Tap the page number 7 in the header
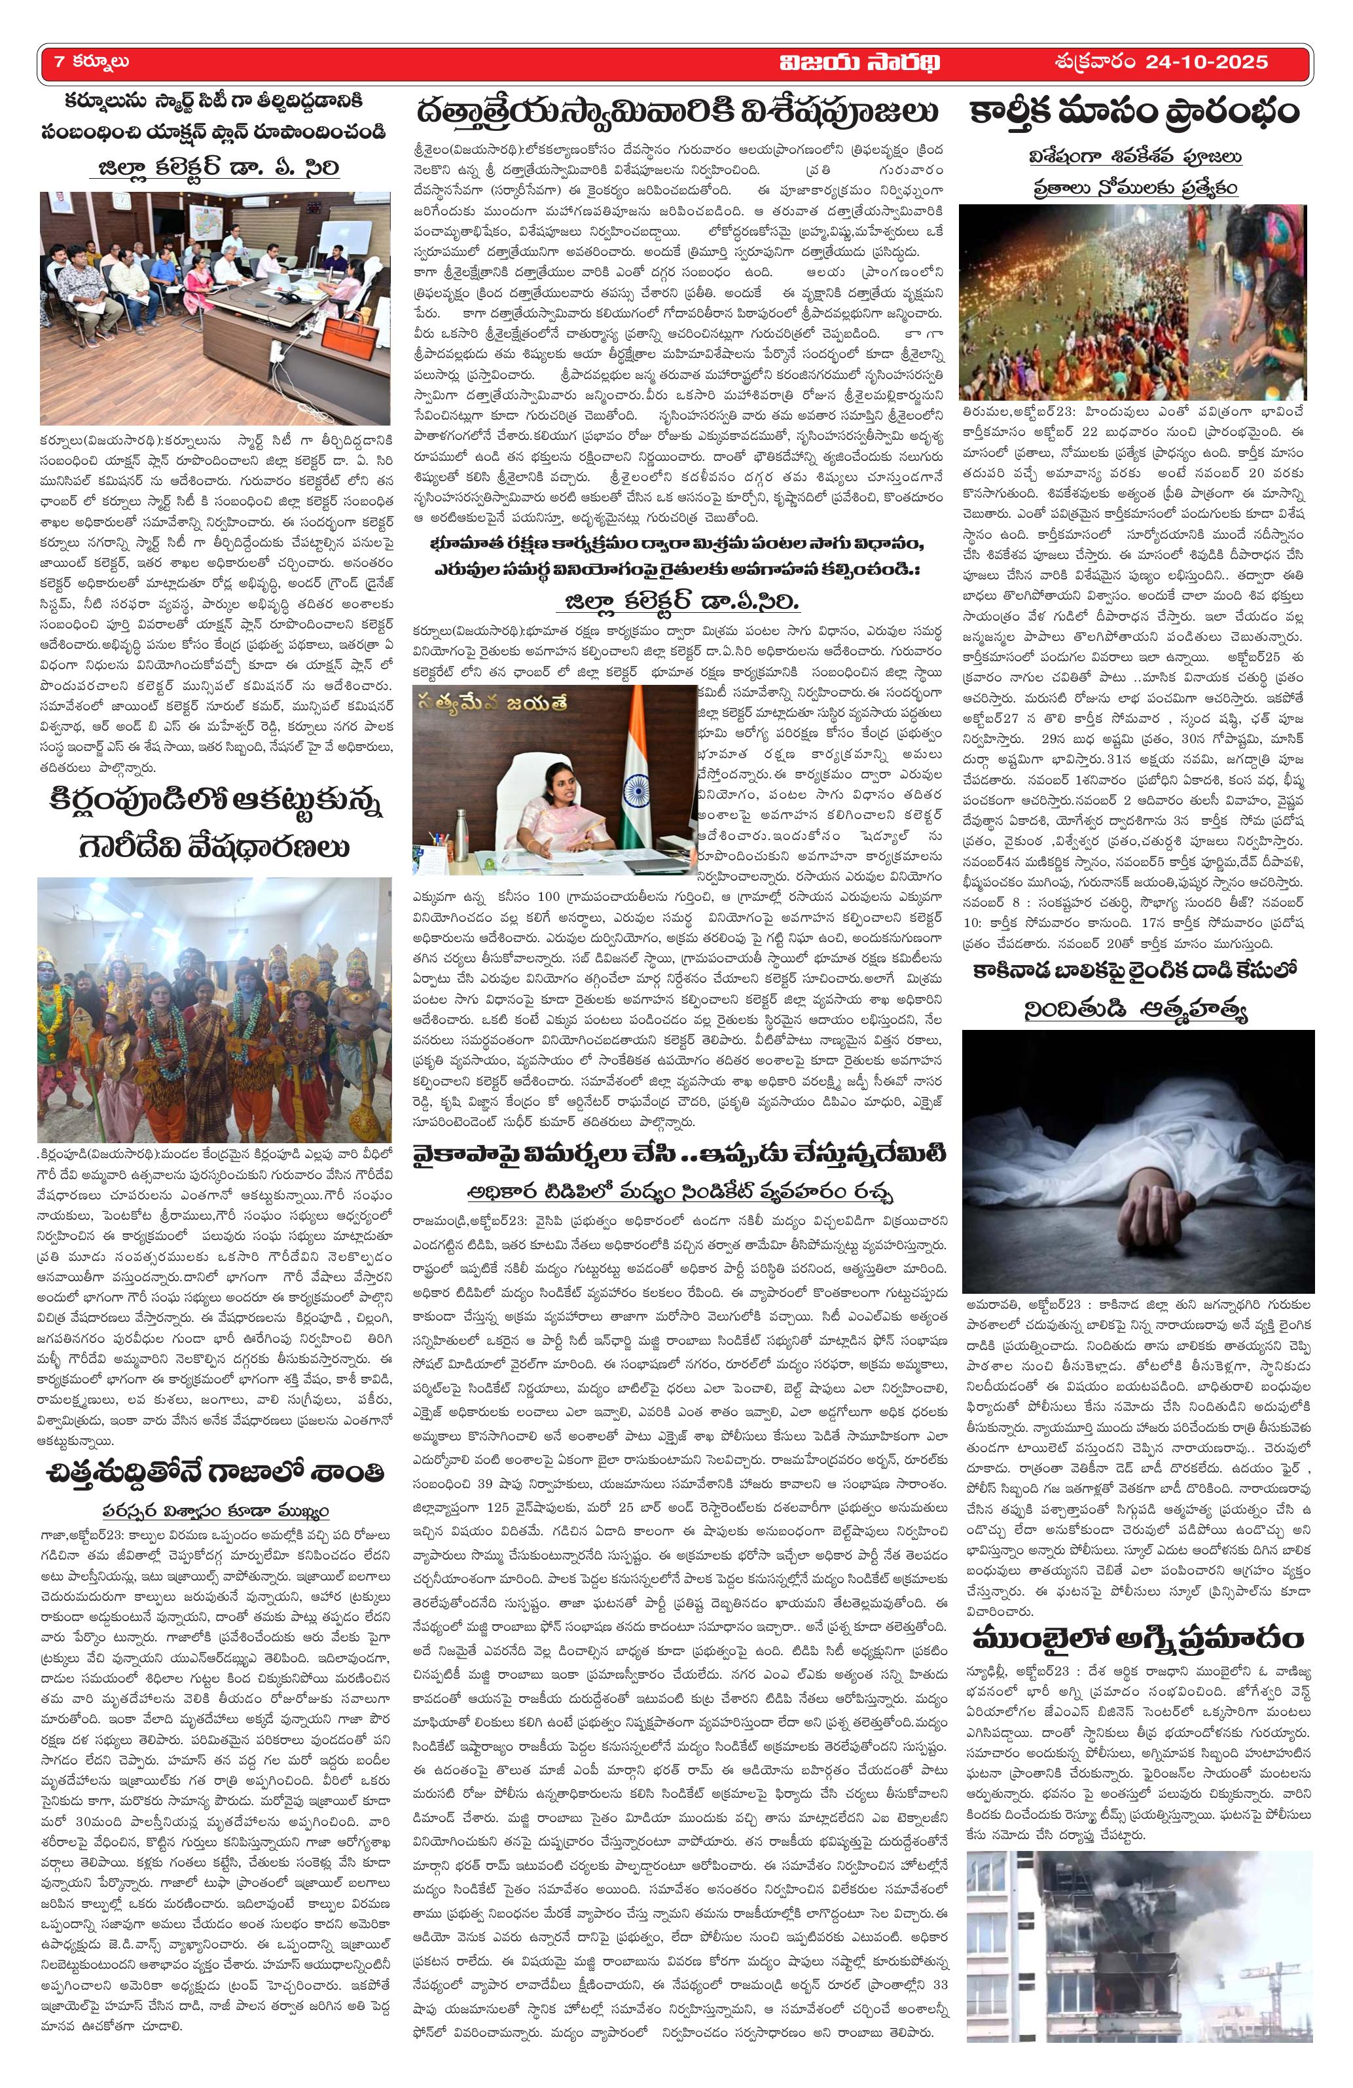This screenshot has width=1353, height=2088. pyautogui.click(x=59, y=62)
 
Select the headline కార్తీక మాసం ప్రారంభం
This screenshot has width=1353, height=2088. pyautogui.click(x=1134, y=113)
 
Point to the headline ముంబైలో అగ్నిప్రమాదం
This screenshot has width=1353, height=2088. pyautogui.click(x=1137, y=1638)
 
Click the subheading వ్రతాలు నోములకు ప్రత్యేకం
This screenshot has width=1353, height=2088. pyautogui.click(x=1134, y=188)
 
